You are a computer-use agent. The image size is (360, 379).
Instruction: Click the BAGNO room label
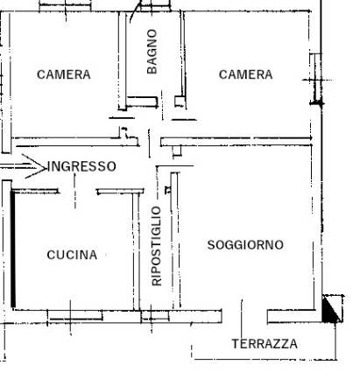coord(152,52)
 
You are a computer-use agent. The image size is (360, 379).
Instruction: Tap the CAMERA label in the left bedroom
coord(64,74)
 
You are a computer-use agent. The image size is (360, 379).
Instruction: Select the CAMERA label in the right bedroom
coord(246,74)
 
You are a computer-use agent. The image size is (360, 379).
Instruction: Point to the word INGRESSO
coord(81,166)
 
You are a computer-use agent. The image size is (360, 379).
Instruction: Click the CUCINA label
coord(72,255)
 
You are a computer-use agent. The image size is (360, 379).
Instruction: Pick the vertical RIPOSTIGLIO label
coord(157,246)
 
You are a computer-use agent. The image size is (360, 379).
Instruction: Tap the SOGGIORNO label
coord(245,245)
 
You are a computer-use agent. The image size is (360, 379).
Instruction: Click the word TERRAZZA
coord(265,344)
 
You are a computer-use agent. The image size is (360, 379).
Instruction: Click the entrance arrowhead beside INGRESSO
coord(35,166)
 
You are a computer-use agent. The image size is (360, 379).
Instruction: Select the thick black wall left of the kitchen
coord(13,249)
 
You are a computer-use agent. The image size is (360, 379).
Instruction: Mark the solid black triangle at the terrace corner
coord(330,309)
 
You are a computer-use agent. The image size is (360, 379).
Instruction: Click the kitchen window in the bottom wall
coord(75,316)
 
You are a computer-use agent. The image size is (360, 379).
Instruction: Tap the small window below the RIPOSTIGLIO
coord(155,316)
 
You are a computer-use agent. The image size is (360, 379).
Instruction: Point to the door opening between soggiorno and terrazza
coord(244,316)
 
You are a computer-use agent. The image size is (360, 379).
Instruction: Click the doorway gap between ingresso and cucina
coord(78,192)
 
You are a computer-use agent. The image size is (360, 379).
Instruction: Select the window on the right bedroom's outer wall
coord(316,78)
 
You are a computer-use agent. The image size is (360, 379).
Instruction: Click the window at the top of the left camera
coord(65,6)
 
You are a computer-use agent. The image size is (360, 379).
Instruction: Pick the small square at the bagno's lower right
coord(180,102)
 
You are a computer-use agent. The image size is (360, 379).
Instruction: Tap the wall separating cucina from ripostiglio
coord(136,251)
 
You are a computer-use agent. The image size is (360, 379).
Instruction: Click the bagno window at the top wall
coord(155,6)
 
